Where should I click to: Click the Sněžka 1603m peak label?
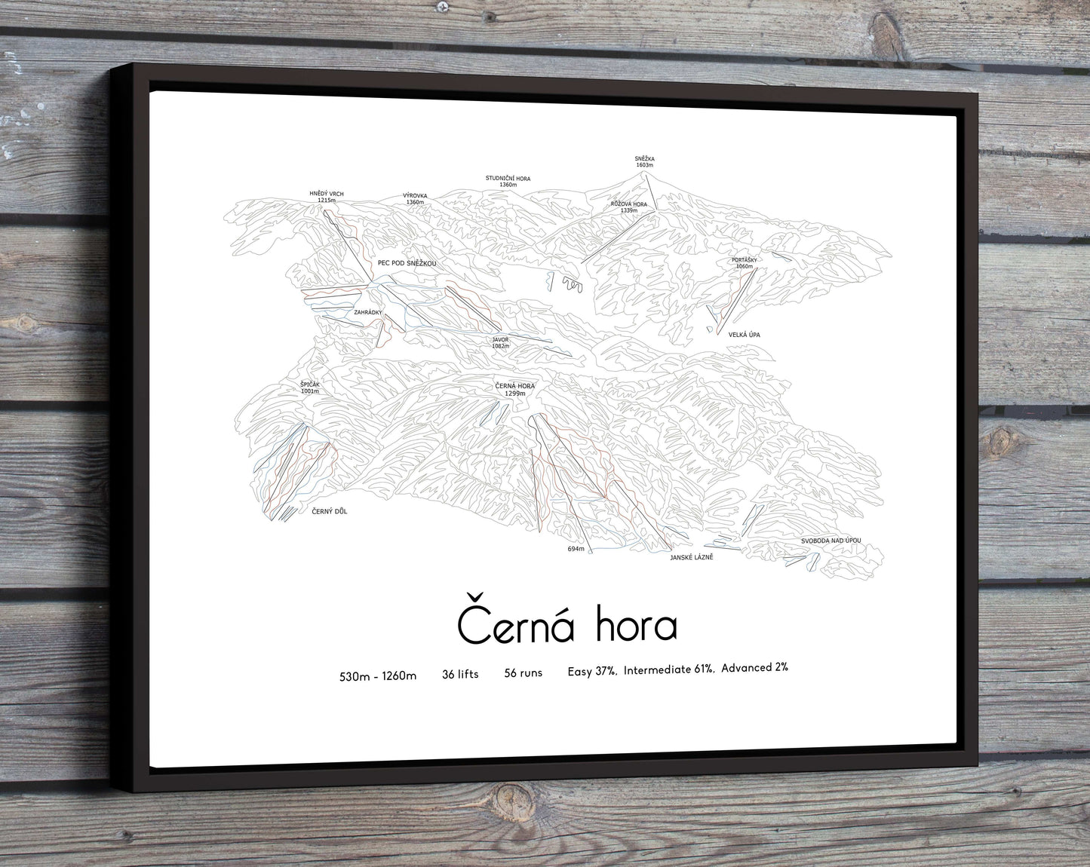pos(643,161)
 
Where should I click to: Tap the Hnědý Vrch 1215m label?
pos(326,197)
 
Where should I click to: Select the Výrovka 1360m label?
pos(415,199)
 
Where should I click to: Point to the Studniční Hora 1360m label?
pos(508,181)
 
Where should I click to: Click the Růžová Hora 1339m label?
pos(628,207)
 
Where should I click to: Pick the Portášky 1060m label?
pos(744,263)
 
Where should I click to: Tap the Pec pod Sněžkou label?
pos(407,263)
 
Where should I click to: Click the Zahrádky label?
pos(368,312)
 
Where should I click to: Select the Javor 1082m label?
pos(500,342)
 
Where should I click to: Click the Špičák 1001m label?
pos(310,388)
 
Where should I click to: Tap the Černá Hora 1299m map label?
pos(514,390)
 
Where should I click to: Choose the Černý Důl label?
pos(329,511)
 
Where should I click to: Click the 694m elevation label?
pos(576,549)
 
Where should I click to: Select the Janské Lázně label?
pos(691,557)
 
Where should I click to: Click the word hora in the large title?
pos(635,626)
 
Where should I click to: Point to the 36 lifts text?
pos(460,674)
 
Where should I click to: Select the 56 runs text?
pos(523,673)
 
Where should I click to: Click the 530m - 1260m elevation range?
pos(378,676)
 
